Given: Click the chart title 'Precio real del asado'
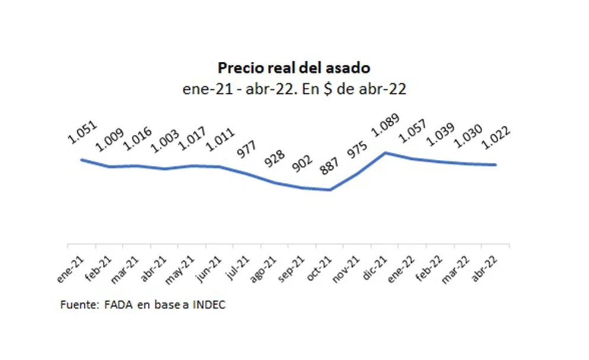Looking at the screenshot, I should (x=294, y=67).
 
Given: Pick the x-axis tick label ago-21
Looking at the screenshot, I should (x=258, y=266).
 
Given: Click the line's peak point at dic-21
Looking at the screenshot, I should (x=386, y=153).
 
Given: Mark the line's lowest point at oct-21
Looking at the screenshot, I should (x=330, y=190).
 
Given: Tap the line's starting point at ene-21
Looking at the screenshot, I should (x=82, y=159).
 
